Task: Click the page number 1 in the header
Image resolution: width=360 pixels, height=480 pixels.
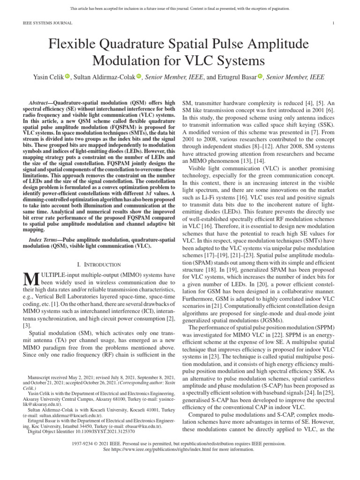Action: tap(333, 22)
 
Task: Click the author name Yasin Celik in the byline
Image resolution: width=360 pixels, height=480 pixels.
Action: tap(50, 77)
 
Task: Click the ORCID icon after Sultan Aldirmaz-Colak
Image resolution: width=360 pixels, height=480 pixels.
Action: tap(139, 77)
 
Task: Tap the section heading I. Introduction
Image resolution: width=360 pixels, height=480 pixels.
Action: tap(99, 265)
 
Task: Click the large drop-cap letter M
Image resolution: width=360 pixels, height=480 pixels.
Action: tap(30, 279)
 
